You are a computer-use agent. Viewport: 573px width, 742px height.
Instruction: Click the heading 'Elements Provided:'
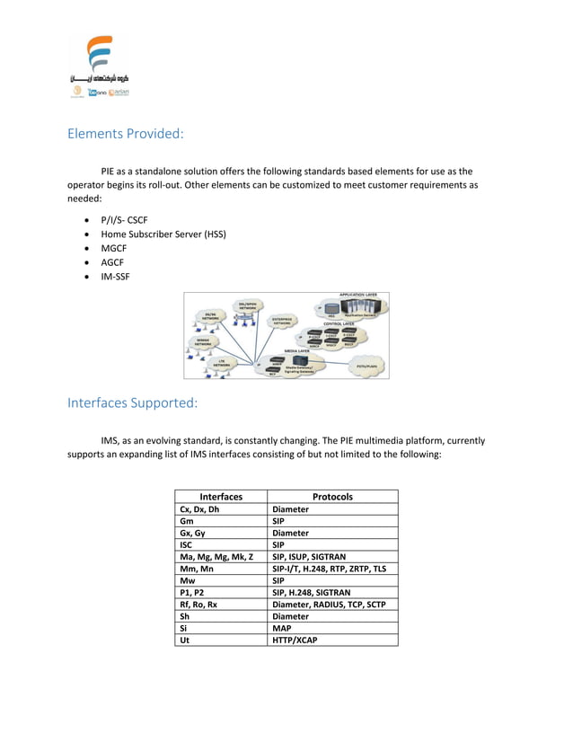click(126, 134)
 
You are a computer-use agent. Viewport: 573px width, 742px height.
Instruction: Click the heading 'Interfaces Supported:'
click(132, 402)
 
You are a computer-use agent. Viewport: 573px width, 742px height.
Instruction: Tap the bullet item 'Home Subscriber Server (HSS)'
click(163, 234)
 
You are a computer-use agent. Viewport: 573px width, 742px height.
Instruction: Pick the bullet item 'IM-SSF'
click(115, 277)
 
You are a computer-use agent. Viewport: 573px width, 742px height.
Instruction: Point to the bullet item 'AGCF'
click(113, 262)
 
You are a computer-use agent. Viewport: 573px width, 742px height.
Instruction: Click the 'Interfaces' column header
click(221, 497)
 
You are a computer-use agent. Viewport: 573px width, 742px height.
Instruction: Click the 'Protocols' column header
click(332, 497)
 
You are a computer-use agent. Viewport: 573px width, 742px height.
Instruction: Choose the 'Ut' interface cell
click(185, 640)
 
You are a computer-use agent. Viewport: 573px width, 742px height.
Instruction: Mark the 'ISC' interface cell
click(187, 544)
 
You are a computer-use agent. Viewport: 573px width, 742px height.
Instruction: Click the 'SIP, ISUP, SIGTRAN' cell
click(309, 556)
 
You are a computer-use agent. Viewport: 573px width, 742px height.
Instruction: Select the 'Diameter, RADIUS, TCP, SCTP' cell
click(328, 604)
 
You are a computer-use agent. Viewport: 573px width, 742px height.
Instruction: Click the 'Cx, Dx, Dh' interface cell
click(199, 508)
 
